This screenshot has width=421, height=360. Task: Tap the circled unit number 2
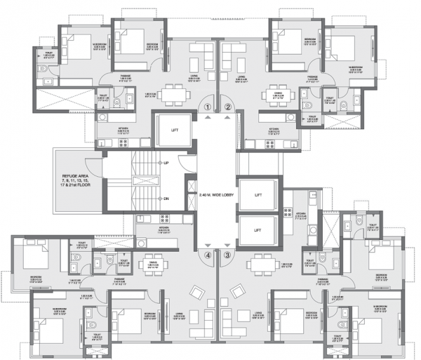227,107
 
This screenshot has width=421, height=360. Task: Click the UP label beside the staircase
166,163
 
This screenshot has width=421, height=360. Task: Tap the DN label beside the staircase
166,199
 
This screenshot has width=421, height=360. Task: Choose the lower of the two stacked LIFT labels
258,229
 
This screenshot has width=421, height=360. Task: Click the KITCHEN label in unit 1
122,129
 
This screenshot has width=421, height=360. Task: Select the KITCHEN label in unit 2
276,129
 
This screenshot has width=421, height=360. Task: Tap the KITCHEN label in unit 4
162,228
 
